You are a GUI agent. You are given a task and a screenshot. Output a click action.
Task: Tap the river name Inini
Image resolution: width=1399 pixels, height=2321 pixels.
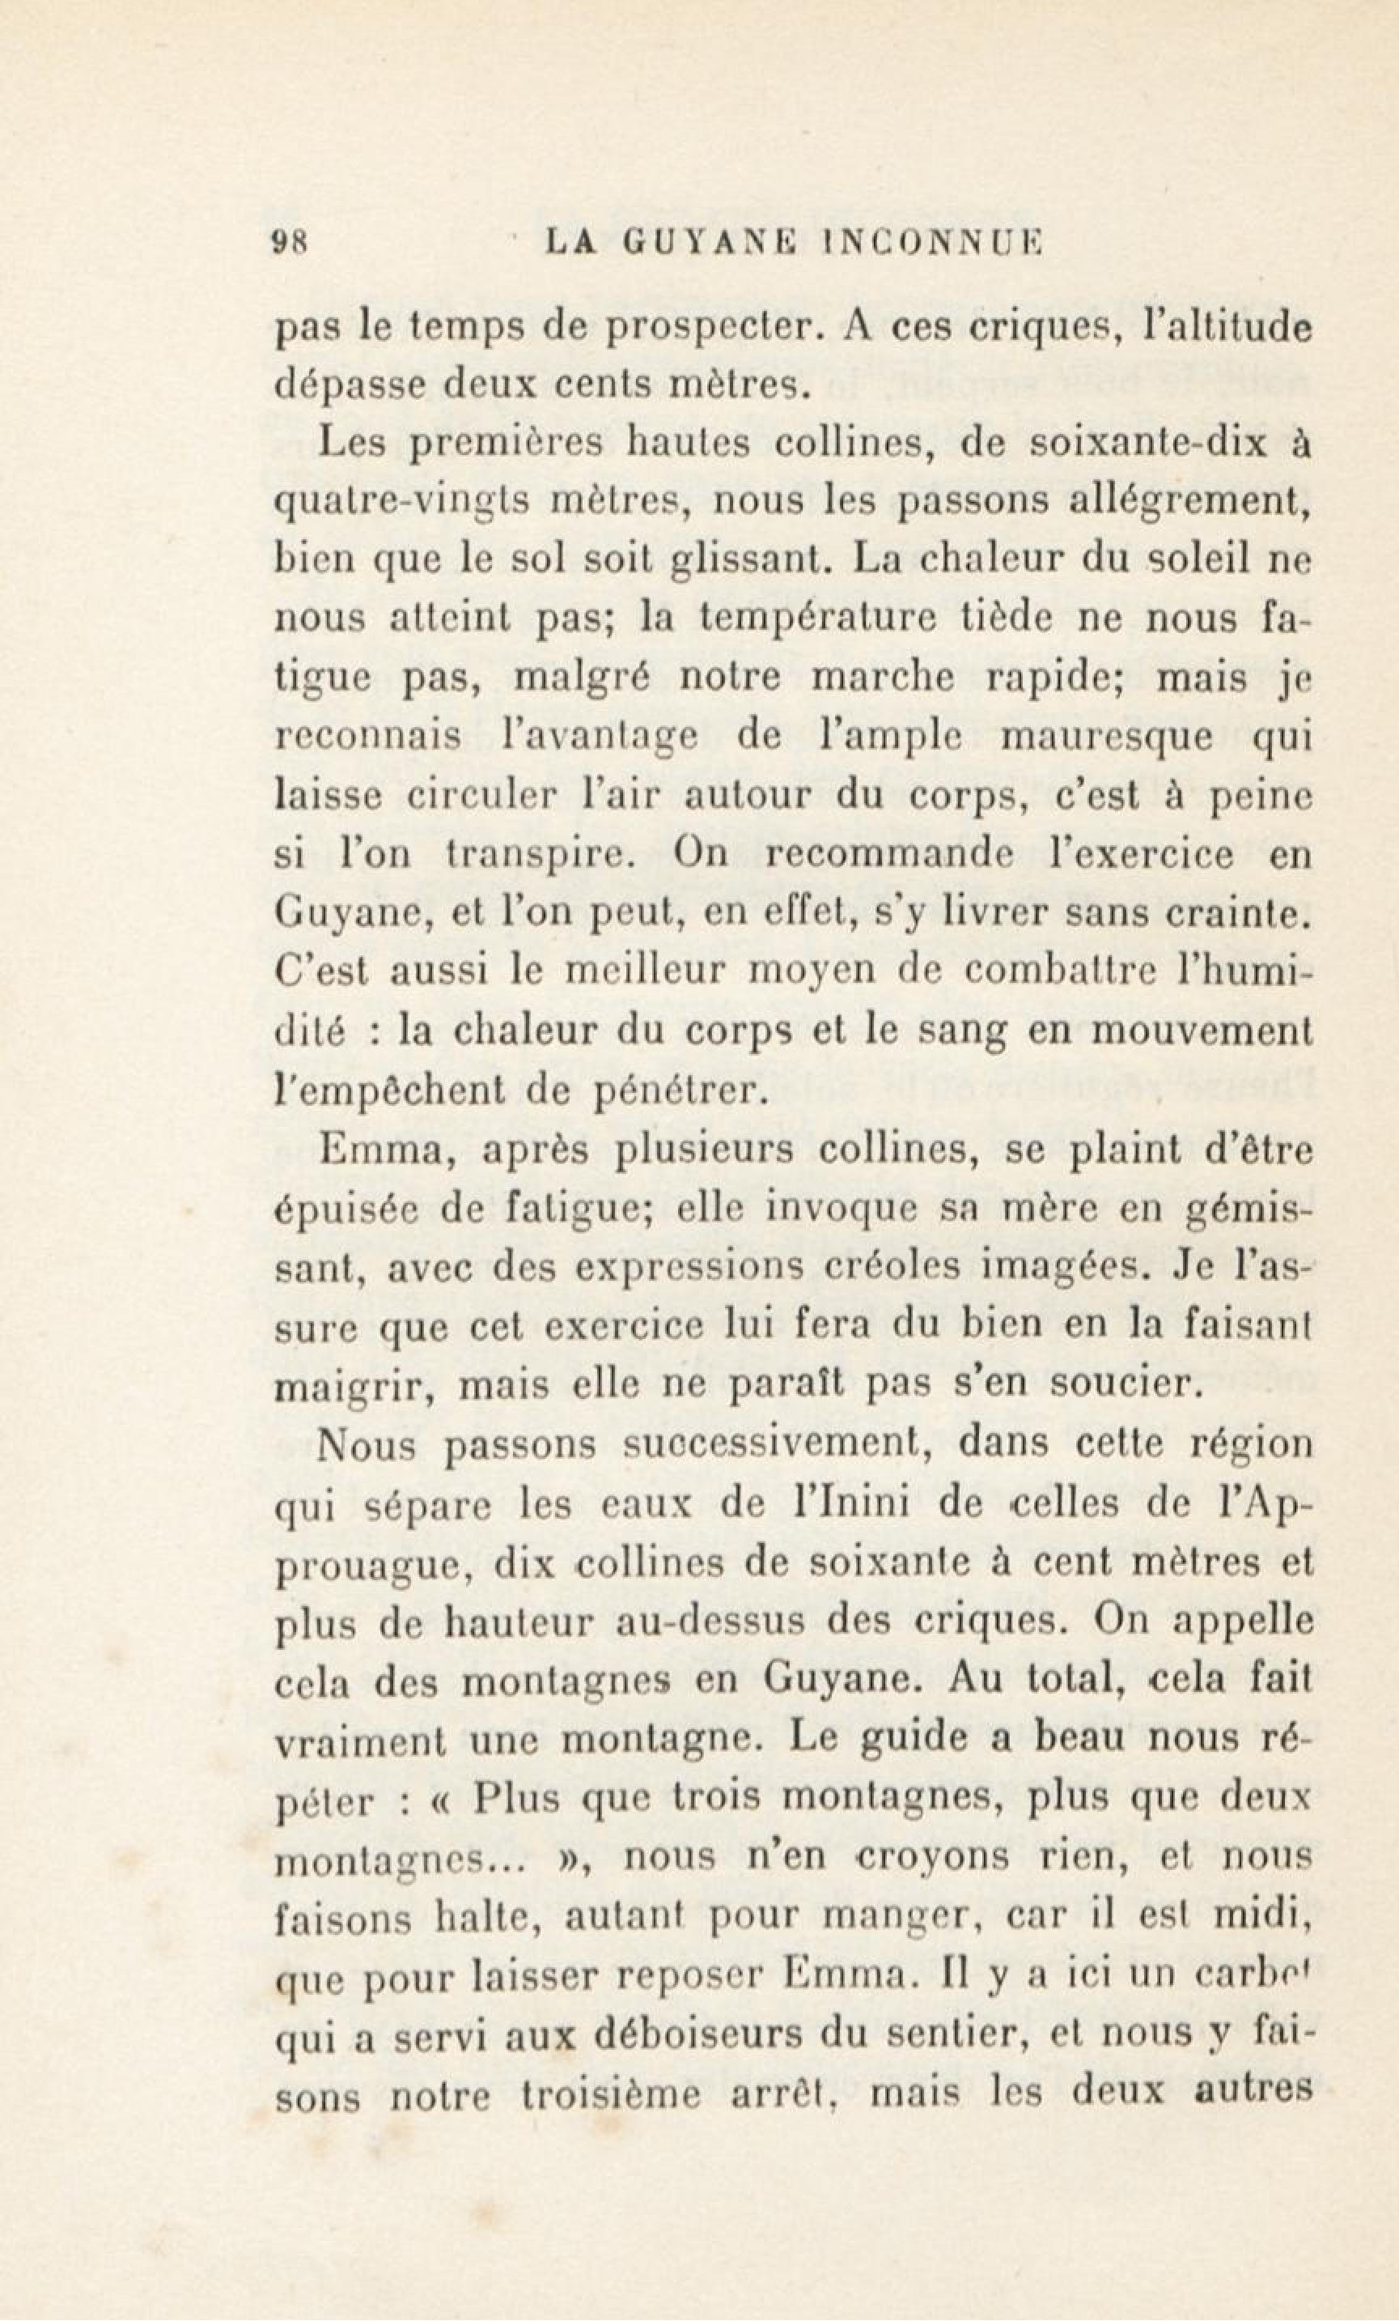pos(829,1501)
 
